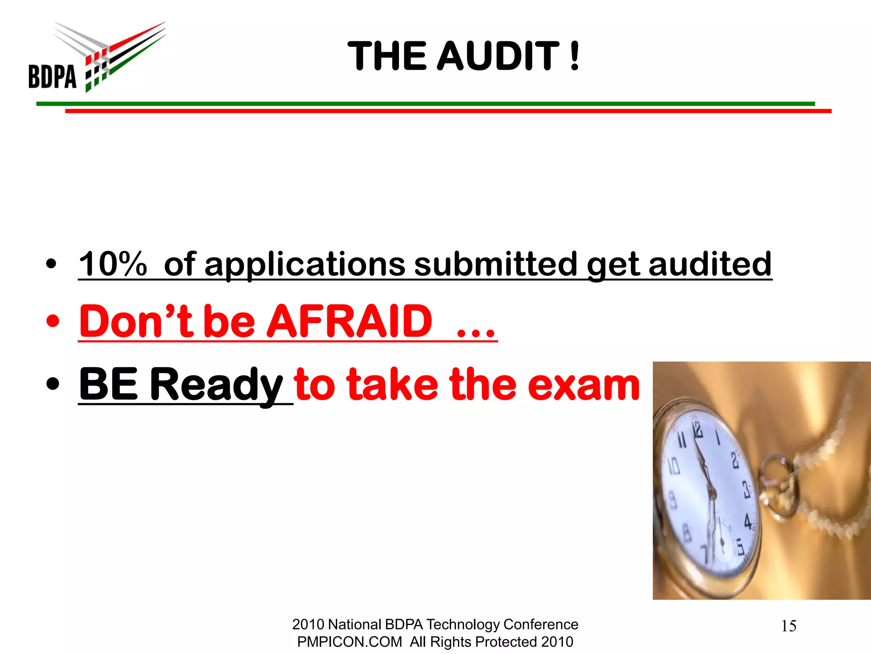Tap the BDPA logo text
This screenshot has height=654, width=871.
pos(52,77)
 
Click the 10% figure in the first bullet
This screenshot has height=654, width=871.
pos(113,264)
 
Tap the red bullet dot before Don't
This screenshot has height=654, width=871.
pos(52,322)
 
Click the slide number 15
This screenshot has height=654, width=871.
pos(788,626)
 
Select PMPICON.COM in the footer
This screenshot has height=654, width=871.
pos(349,642)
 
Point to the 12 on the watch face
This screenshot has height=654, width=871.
pos(697,430)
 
